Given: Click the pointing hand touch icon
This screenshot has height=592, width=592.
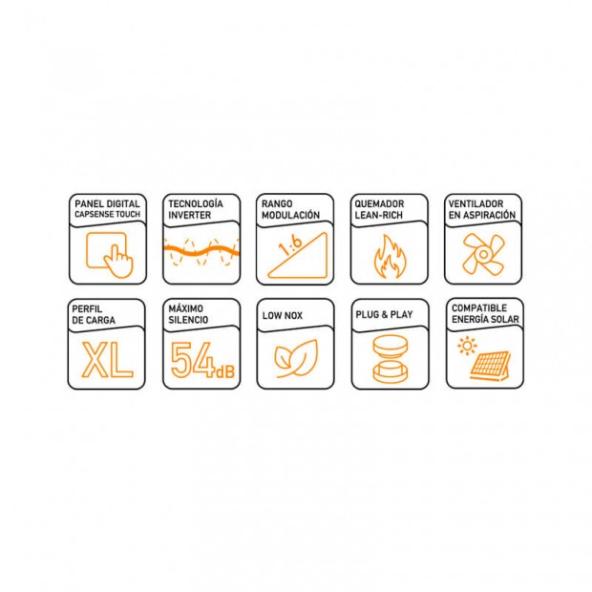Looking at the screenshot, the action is pos(119,261).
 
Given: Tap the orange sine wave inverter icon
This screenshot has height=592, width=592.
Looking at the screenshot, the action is pos(201,251).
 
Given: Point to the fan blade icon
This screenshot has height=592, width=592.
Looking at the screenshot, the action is pos(484,254).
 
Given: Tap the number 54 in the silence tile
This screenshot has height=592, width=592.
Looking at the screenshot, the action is pos(191,359).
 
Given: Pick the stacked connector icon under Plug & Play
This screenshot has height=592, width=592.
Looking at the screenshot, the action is pos(391,359).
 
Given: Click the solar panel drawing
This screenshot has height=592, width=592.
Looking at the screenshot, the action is pos(490,365).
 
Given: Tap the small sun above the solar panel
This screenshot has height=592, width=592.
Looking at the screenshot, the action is pos(467,346).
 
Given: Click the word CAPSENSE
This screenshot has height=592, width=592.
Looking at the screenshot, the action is pos(94,215).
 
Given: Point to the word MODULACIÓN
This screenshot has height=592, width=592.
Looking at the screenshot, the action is pos(290,215).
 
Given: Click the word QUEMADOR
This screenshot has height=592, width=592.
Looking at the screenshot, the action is pos(379,204).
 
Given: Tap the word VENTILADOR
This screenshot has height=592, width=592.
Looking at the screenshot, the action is pos(476,204).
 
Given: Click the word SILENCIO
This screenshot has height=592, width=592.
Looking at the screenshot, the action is pos(188,320).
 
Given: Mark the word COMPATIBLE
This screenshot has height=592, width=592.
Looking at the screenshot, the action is pos(479,308).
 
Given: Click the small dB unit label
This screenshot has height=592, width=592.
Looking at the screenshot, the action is pos(225,371).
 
